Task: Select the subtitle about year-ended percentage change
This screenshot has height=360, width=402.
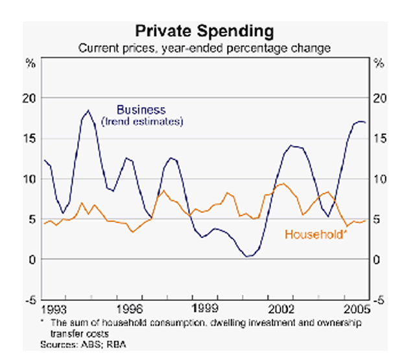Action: click(205, 47)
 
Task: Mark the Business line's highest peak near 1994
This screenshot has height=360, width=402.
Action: click(89, 110)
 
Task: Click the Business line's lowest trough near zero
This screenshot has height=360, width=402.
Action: click(248, 256)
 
